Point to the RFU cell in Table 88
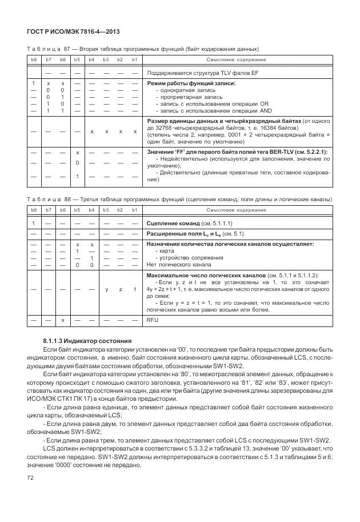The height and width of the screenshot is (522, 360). click(x=153, y=320)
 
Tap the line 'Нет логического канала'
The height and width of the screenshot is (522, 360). click(x=179, y=264)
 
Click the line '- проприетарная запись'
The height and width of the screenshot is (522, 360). click(x=185, y=97)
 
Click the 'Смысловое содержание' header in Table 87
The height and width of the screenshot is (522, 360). click(x=237, y=59)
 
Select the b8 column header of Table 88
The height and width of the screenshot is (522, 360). click(x=34, y=210)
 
